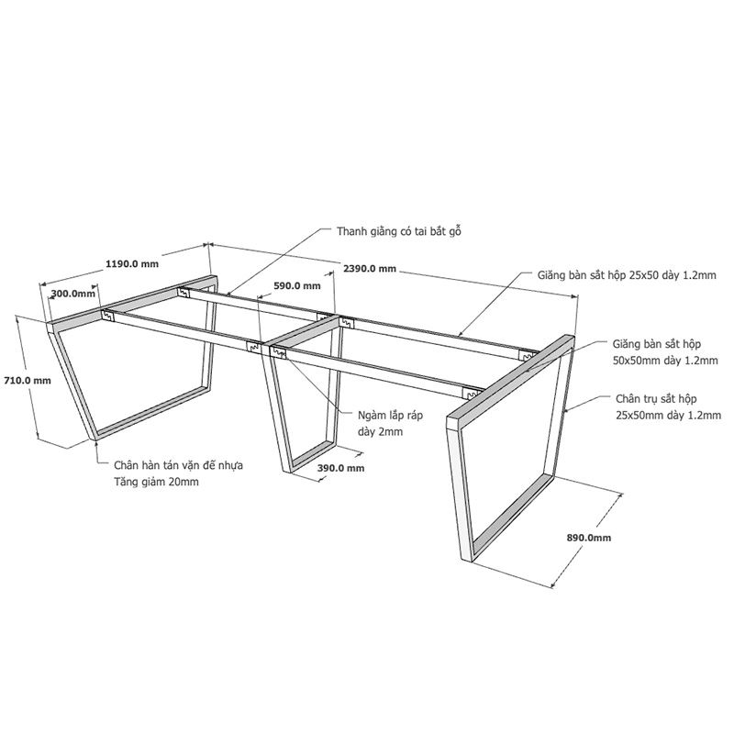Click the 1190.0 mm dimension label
pos(132,264)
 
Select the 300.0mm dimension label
pos(73,294)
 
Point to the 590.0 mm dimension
pos(297,285)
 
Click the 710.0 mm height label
pos(28,381)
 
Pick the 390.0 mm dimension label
pos(340,468)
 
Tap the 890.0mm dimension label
pos(589,538)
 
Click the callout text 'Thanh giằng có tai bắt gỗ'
pos(399,232)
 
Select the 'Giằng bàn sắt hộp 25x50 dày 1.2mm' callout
pos(627,274)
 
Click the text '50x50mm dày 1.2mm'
pos(665,361)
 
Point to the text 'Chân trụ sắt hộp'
pos(656,399)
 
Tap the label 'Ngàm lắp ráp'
pos(391,416)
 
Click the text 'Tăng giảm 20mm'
pos(156,482)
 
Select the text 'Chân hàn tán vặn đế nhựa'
pos(178,466)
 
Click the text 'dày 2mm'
pos(381,431)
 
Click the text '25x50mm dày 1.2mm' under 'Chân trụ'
pos(669,416)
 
